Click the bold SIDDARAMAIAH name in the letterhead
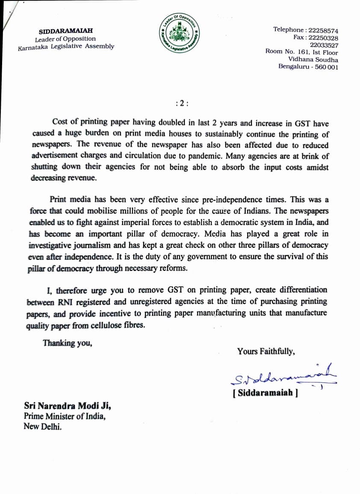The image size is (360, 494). [x=66, y=31]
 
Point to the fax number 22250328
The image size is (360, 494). [x=323, y=38]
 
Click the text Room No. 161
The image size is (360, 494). [x=285, y=51]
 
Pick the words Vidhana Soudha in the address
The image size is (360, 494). [x=313, y=59]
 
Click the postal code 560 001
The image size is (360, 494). [x=327, y=67]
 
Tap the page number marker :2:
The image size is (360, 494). [x=182, y=103]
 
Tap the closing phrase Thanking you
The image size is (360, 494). [x=67, y=343]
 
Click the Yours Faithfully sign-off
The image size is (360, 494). [x=266, y=351]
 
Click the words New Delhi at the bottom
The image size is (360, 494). [x=43, y=426]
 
